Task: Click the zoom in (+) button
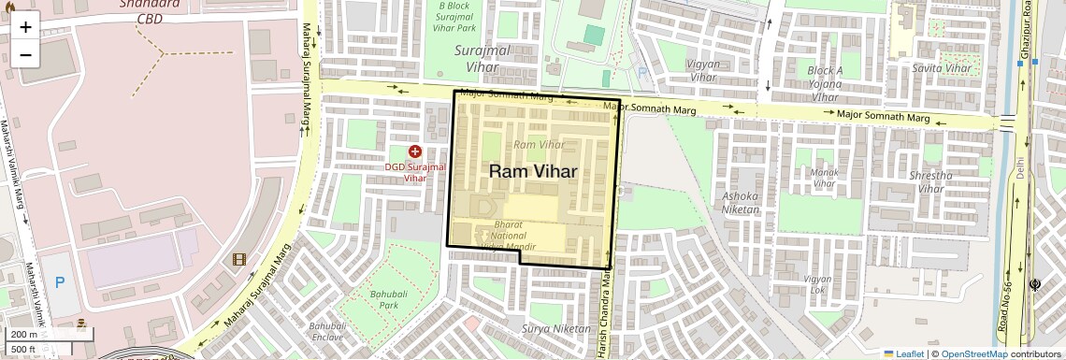point(25,26)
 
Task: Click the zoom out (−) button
point(25,54)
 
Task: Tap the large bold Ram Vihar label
point(533,171)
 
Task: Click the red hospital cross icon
point(415,151)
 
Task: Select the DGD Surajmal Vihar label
point(413,171)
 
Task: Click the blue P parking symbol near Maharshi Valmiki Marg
point(60,281)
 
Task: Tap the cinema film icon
point(239,259)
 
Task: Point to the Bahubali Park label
point(383,299)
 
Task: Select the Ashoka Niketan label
point(742,202)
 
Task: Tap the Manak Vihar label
point(824,178)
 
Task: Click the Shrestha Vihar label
point(931,181)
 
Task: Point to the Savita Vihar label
point(942,68)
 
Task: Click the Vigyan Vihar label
point(702,71)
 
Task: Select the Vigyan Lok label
point(817,284)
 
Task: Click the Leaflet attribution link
point(903,353)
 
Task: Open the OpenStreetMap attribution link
point(973,353)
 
